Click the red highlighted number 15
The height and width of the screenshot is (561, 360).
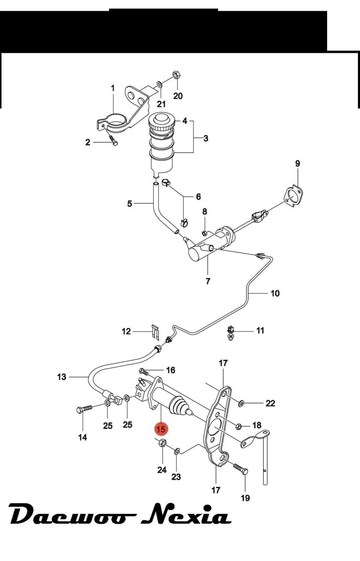point(162,428)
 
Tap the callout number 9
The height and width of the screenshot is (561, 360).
point(297,163)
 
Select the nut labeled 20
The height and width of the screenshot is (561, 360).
point(176,75)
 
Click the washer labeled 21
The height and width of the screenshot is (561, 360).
point(159,84)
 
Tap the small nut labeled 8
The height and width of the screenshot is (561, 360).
point(205,233)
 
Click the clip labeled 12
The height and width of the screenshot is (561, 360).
point(155,331)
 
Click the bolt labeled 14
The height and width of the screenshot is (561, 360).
point(84,410)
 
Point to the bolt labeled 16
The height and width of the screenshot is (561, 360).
point(144,371)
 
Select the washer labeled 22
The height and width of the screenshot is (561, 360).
point(241,403)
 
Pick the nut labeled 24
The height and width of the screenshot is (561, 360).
point(162,443)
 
